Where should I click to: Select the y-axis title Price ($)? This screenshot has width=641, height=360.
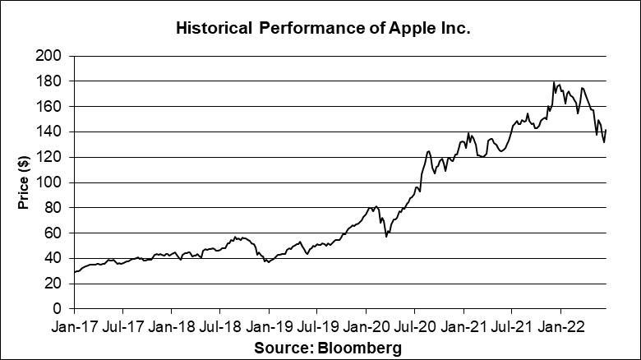[x=24, y=182]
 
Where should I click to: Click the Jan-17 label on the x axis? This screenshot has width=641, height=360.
[x=75, y=325]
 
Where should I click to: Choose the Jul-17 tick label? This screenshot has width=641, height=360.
[x=122, y=325]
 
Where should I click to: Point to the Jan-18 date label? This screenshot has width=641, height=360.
[x=172, y=325]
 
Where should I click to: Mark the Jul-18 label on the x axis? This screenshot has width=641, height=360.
[x=219, y=325]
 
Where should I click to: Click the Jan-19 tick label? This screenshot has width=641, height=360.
[x=269, y=325]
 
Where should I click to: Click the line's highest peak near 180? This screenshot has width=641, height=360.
[x=554, y=82]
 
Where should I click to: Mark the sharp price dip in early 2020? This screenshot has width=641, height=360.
[x=386, y=236]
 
